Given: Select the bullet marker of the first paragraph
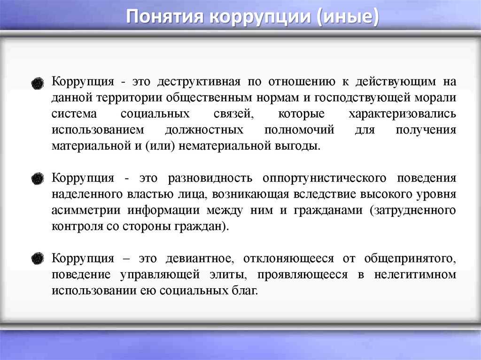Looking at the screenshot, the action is click(38, 83).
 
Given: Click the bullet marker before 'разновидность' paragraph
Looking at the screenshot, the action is click(38, 179).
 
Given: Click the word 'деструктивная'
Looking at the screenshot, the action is click(199, 82).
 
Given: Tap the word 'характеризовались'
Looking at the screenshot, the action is click(402, 114).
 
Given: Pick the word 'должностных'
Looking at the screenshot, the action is click(204, 130).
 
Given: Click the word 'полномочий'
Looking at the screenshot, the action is click(299, 130).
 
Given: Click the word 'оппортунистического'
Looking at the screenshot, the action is click(324, 178).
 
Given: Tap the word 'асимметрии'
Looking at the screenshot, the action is click(86, 211).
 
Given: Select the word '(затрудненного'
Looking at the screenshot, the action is click(413, 211).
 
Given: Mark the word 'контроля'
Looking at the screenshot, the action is click(77, 227).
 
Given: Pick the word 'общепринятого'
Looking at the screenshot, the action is click(410, 259).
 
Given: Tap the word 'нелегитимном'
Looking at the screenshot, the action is click(415, 275).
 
